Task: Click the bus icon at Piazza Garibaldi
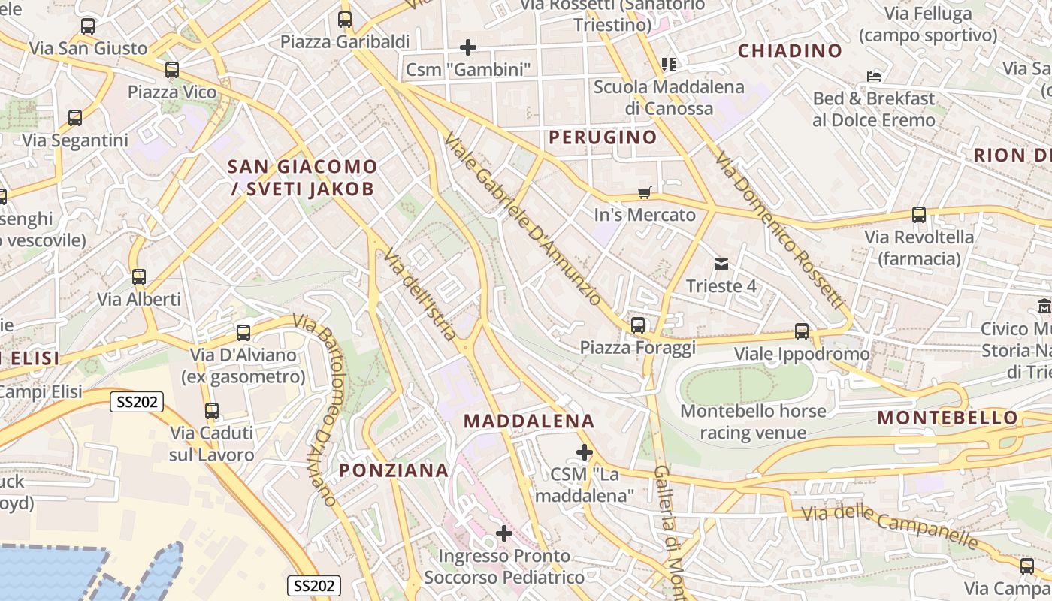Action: [345, 20]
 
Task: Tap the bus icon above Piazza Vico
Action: [172, 70]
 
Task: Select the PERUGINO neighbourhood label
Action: [603, 137]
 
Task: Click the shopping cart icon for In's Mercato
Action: [645, 192]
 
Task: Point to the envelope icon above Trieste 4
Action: [721, 264]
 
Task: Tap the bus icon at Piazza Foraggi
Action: [638, 325]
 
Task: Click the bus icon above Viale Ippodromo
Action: [802, 331]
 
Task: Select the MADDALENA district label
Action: [530, 421]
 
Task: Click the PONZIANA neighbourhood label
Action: [393, 470]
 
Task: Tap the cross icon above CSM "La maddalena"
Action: [584, 452]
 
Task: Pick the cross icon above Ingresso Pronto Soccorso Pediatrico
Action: [504, 533]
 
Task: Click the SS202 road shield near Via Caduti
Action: [137, 402]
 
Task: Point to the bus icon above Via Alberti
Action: [139, 277]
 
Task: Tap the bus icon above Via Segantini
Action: [75, 118]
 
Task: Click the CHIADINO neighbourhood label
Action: [790, 50]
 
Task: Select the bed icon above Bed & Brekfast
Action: [873, 76]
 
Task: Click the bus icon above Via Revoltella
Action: [919, 215]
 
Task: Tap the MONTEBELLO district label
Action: [948, 418]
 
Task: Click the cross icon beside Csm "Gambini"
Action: [468, 47]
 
